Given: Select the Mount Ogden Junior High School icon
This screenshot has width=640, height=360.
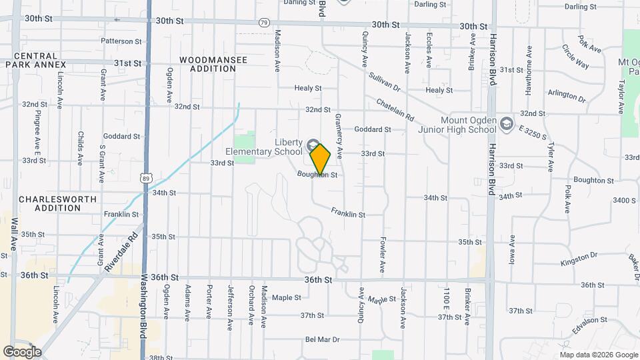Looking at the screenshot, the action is pyautogui.click(x=507, y=123).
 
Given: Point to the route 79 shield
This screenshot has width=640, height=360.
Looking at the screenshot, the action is pyautogui.click(x=264, y=23).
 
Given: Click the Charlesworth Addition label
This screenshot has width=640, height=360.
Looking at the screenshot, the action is pyautogui.click(x=58, y=203).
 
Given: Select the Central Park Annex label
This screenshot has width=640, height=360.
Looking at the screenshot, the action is pyautogui.click(x=35, y=60).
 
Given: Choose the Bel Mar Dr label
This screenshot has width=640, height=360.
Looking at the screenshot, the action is pyautogui.click(x=323, y=339).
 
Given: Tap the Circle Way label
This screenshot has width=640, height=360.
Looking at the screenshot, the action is pyautogui.click(x=575, y=57).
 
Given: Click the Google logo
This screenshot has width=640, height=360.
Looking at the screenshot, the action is pyautogui.click(x=22, y=351).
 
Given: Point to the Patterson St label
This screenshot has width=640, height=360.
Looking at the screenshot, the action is pyautogui.click(x=121, y=41).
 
